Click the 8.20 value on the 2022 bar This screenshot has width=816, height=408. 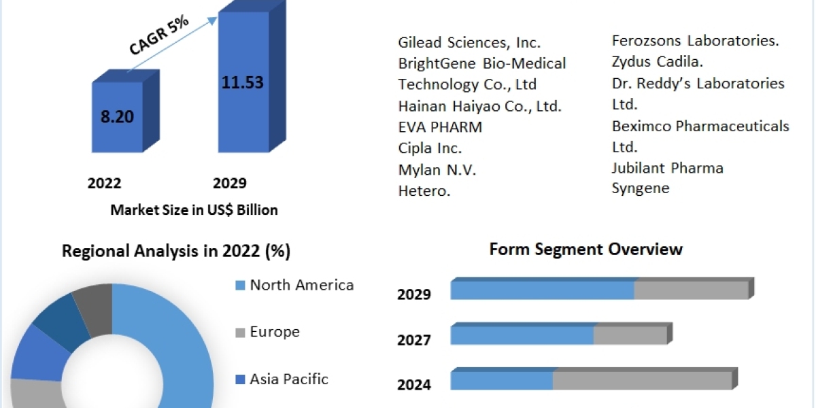[x=117, y=116]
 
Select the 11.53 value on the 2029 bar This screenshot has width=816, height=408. [x=242, y=83]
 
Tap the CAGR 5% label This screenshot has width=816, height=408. [x=158, y=36]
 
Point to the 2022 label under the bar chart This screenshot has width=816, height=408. [x=105, y=183]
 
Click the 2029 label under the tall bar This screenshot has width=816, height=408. [x=230, y=183]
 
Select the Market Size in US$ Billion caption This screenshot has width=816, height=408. [x=194, y=210]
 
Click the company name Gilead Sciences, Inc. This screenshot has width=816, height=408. [x=469, y=42]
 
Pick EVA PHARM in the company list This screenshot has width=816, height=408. [x=440, y=127]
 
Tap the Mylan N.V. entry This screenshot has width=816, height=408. [x=437, y=170]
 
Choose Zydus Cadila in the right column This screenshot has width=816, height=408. [x=658, y=62]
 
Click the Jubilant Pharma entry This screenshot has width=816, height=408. [x=668, y=167]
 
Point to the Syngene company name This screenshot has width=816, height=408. [x=641, y=188]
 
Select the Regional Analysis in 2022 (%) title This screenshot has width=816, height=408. [x=176, y=252]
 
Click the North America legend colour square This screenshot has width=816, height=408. [x=239, y=286]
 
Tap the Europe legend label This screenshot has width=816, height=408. [x=275, y=332]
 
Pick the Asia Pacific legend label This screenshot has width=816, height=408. [x=289, y=379]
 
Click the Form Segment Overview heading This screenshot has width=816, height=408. [x=585, y=250]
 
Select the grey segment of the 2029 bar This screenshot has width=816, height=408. [x=691, y=290]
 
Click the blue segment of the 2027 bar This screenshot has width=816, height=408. [x=522, y=335]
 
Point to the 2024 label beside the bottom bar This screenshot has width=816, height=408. [x=414, y=385]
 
